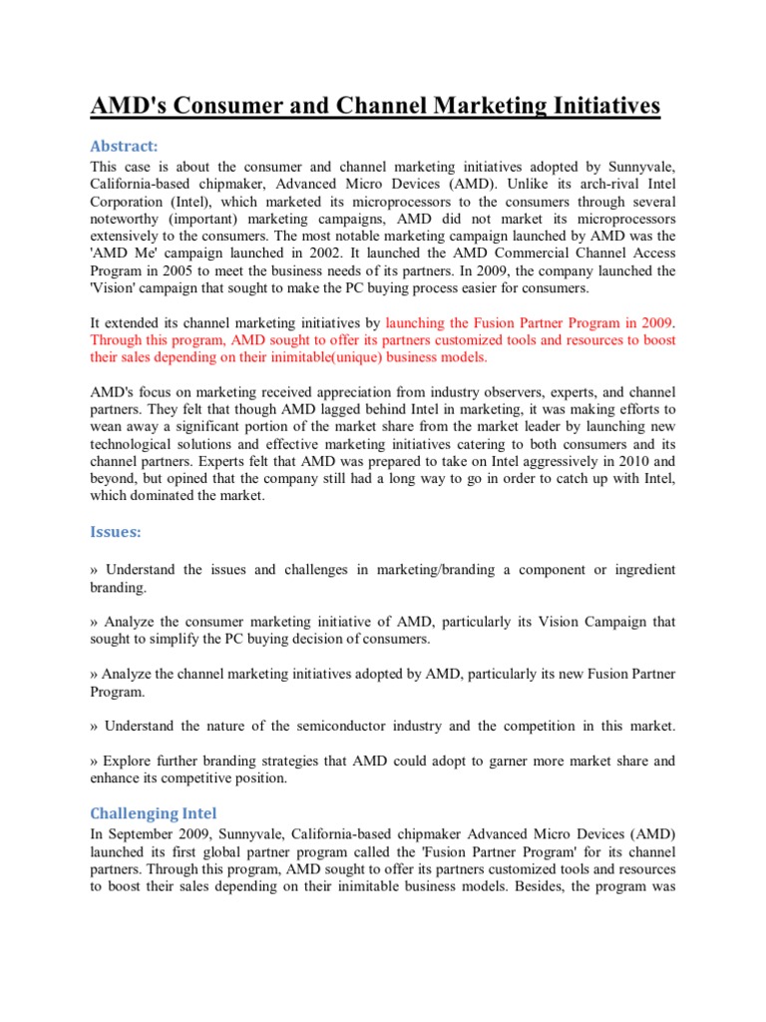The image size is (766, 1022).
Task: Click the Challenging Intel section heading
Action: (x=154, y=812)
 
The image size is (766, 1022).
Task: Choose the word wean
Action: (x=108, y=423)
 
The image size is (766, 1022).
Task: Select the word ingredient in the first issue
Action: (x=637, y=569)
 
